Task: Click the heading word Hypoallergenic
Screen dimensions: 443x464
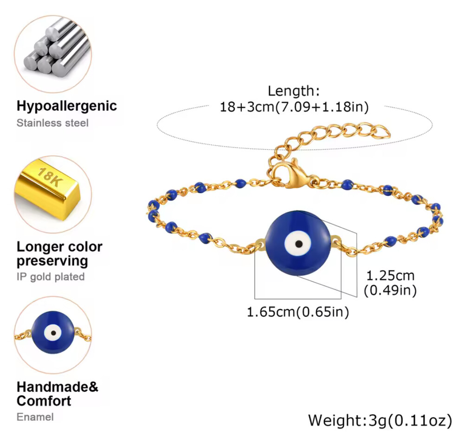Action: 66,106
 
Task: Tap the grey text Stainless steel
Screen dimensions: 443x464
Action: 52,123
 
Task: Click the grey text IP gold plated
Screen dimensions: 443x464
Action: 51,277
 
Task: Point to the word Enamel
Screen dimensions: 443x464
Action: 35,417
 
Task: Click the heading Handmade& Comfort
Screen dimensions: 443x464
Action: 58,393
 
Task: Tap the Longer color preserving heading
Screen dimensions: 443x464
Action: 59,253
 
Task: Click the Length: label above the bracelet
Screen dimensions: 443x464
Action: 294,91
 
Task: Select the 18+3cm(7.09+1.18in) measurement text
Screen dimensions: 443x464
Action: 294,107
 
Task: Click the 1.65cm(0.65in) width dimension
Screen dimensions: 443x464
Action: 297,312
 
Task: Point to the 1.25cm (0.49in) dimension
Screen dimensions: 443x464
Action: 390,282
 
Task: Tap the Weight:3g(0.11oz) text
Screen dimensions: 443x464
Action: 380,421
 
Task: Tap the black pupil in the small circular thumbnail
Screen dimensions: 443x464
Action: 52,332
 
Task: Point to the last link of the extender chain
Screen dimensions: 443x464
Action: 382,132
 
